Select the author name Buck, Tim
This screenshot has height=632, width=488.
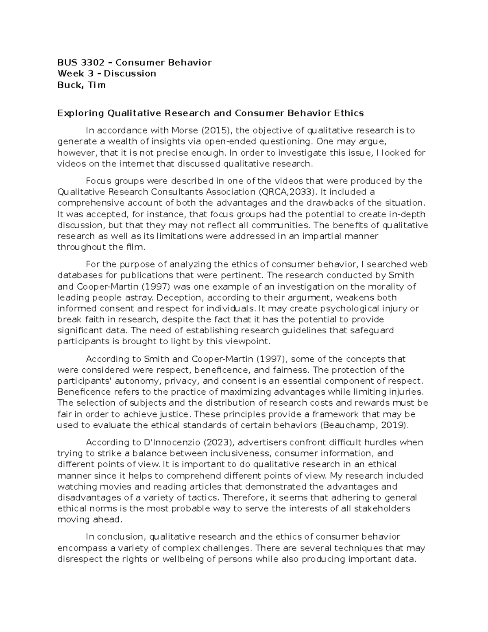[81, 85]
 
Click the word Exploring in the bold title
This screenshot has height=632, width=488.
[80, 113]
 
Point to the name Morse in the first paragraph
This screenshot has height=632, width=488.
[183, 131]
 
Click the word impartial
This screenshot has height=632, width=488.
[321, 236]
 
